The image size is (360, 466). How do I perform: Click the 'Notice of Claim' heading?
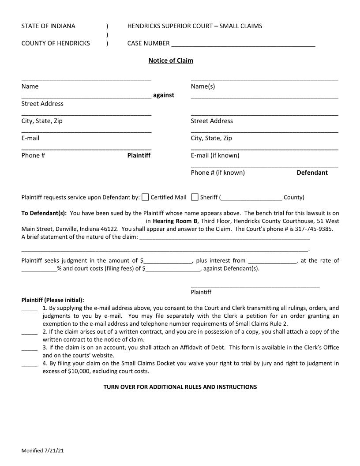171,60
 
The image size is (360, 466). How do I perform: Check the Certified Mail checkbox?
145,197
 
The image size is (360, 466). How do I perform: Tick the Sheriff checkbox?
195,197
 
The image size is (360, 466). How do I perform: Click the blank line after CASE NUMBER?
243,44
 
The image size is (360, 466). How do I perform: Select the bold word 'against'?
164,95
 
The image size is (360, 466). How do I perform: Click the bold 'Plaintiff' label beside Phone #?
139,155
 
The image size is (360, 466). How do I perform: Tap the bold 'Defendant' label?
312,173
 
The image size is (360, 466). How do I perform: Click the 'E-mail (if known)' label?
215,155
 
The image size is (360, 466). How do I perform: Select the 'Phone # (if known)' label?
217,173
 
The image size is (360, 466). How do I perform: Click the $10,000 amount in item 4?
81,371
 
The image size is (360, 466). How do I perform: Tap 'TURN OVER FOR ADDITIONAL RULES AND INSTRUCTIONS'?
180,387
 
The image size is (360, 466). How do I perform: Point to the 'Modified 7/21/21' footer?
43,451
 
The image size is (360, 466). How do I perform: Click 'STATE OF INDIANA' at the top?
48,26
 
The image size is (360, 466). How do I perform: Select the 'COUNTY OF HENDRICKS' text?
56,43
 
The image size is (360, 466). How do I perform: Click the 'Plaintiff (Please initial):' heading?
52,300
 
